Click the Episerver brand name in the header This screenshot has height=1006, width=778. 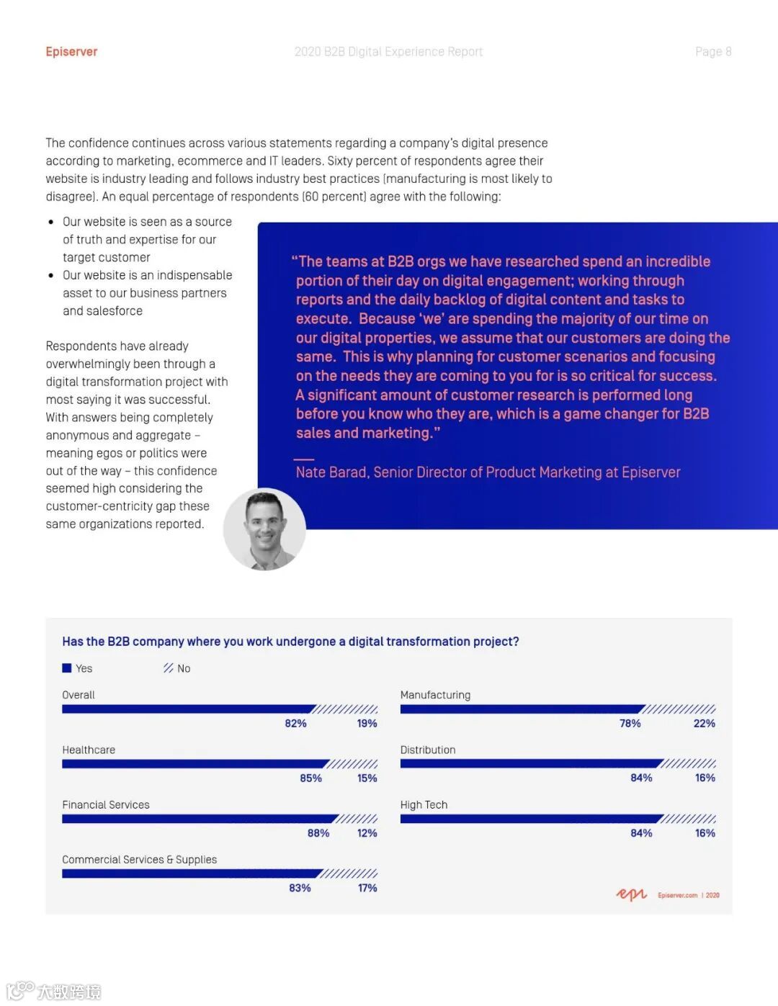(x=71, y=52)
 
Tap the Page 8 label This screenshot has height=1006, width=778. (x=712, y=52)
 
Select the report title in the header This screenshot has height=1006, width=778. (x=388, y=52)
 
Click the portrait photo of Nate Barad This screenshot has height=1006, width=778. (x=265, y=529)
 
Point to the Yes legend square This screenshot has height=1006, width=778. (x=67, y=668)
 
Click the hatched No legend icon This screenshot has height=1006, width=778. (x=169, y=668)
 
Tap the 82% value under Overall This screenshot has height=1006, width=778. (x=295, y=723)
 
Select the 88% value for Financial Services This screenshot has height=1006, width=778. (x=318, y=833)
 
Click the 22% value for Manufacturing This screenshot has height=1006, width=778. (x=704, y=723)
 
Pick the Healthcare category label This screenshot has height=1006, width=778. (x=89, y=750)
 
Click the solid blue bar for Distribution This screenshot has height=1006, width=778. (x=530, y=763)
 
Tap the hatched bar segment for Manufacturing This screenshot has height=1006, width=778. (x=679, y=709)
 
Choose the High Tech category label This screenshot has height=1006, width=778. (x=424, y=804)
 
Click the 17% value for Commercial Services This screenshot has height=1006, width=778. (x=367, y=888)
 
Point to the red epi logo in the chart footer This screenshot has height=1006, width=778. (x=631, y=894)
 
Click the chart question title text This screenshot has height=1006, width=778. (x=290, y=642)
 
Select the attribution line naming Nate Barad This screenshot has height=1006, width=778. (x=488, y=472)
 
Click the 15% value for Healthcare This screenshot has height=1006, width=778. (x=367, y=778)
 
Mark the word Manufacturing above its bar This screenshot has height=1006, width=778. (x=435, y=695)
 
